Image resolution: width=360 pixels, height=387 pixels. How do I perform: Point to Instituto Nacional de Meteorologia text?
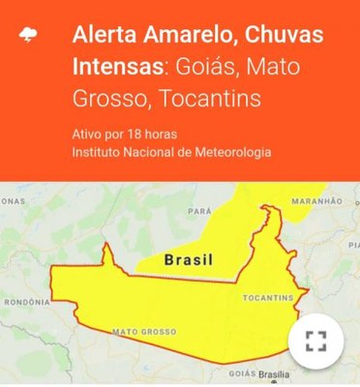171,152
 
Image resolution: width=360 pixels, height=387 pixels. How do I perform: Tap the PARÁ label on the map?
199,210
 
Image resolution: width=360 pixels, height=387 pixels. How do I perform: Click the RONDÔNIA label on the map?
26,302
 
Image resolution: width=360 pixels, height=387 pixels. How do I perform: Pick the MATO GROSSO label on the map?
142,332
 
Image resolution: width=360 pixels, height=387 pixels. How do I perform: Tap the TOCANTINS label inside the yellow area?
268,297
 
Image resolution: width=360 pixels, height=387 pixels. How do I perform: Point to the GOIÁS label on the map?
242,372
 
